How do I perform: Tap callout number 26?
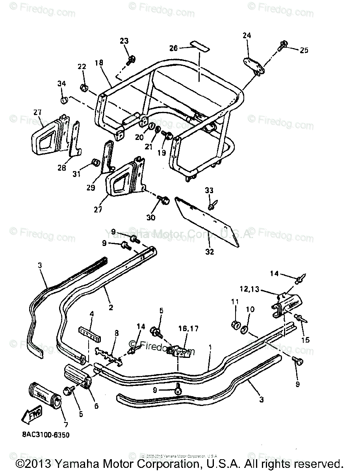point(174,48)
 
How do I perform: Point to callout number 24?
point(247,35)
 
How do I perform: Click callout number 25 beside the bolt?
point(304,50)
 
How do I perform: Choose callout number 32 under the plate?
point(210,251)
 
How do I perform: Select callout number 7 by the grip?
point(66,425)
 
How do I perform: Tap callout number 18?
point(98,62)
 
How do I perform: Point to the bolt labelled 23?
point(131,60)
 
